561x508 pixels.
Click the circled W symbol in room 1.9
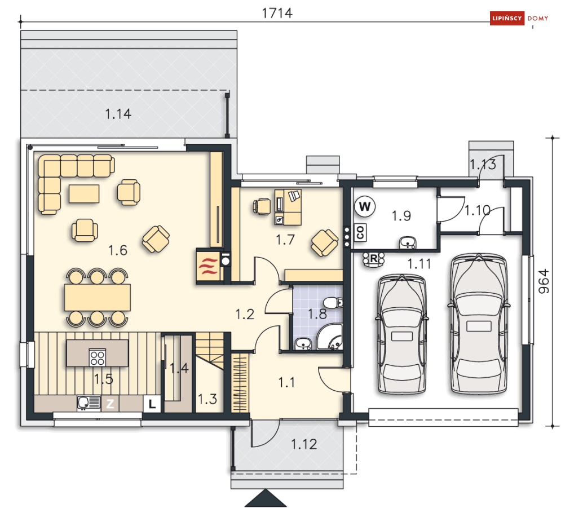(x=365, y=206)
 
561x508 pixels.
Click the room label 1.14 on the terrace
(x=118, y=114)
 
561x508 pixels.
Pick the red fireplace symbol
(x=208, y=266)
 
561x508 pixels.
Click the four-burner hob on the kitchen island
(x=97, y=357)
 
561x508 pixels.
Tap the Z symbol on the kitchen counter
(x=111, y=403)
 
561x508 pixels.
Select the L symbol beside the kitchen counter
(x=152, y=403)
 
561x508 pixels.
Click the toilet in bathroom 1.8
(x=335, y=303)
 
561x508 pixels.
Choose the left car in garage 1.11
(x=401, y=334)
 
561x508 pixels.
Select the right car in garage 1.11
(x=478, y=324)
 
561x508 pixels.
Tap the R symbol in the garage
(x=373, y=258)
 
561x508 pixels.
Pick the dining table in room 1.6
(x=97, y=298)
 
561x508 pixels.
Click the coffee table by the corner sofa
(x=84, y=193)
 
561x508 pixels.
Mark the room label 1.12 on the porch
(x=304, y=444)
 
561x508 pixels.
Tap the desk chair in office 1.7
(x=262, y=206)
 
